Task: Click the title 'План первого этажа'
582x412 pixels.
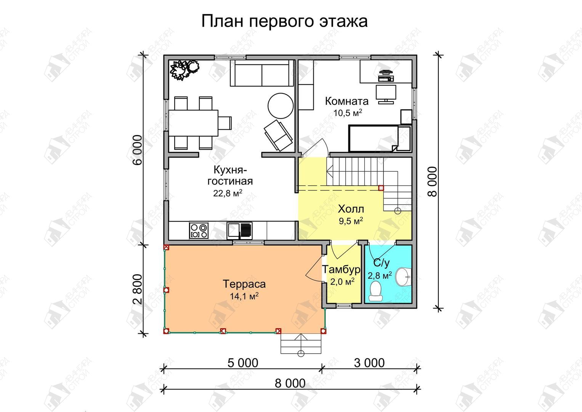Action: tap(284, 21)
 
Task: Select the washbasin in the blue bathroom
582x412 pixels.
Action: tap(403, 277)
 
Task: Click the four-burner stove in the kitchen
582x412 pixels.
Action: tap(199, 230)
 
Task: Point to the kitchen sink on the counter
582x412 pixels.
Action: tap(239, 230)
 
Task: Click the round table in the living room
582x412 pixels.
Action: tap(281, 106)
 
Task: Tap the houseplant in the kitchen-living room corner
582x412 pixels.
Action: tap(184, 69)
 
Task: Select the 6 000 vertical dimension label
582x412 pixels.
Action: tap(138, 150)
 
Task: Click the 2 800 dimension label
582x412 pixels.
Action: tap(138, 289)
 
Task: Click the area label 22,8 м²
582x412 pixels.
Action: tap(228, 193)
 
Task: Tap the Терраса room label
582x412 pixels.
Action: tap(244, 284)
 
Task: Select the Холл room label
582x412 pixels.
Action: tap(351, 209)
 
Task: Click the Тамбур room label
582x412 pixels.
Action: tap(342, 270)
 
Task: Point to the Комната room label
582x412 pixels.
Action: tap(347, 101)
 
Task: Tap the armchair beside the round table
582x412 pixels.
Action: tap(278, 135)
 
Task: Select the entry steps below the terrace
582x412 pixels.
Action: tap(301, 344)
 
